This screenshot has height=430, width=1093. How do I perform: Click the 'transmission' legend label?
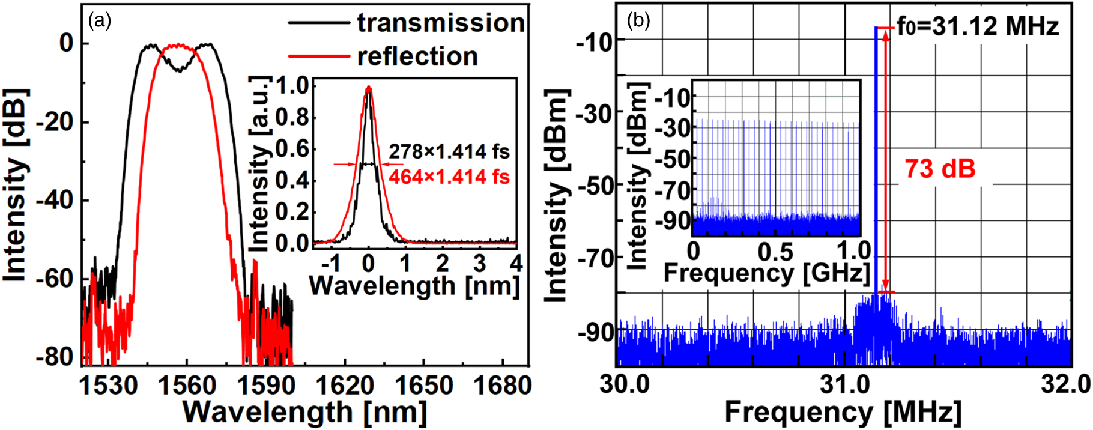click(x=441, y=23)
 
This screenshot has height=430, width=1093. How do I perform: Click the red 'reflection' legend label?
click(x=417, y=56)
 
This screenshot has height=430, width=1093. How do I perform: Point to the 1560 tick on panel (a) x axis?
click(x=187, y=385)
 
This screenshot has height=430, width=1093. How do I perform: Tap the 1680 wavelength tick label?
click(x=502, y=385)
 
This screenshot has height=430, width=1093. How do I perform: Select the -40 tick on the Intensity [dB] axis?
click(x=55, y=200)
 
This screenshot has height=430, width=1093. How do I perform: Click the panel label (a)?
click(x=100, y=22)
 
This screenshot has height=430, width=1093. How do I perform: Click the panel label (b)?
click(x=638, y=22)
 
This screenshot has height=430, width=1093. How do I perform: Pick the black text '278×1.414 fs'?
click(x=449, y=152)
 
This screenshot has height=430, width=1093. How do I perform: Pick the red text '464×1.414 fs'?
click(x=449, y=177)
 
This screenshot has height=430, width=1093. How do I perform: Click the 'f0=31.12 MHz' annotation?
click(x=978, y=27)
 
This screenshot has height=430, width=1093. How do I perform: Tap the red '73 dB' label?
click(x=940, y=169)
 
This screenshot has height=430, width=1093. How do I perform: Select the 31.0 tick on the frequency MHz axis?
click(x=844, y=384)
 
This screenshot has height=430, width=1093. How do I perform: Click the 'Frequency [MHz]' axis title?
click(x=843, y=413)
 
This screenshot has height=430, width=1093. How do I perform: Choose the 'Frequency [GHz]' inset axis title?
click(x=767, y=273)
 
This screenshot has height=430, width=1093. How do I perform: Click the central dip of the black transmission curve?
click(x=179, y=70)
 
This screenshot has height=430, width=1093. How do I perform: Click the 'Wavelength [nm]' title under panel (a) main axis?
click(x=305, y=413)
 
